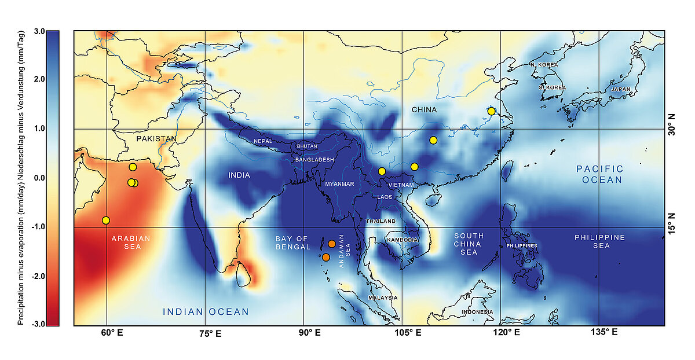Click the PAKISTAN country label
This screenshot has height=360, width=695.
[x=156, y=139]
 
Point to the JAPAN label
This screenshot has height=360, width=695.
[x=620, y=89]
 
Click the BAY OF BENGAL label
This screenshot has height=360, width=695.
[x=292, y=243]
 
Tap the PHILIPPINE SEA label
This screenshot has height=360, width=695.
[x=599, y=243]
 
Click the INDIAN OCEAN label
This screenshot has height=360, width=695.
[x=206, y=312]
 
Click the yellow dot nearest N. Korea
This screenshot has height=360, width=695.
[x=491, y=111]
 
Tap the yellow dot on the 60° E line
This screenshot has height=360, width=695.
[x=106, y=221]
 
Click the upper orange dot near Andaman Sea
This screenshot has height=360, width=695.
[x=332, y=244]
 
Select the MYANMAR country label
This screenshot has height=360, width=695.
[x=339, y=184]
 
